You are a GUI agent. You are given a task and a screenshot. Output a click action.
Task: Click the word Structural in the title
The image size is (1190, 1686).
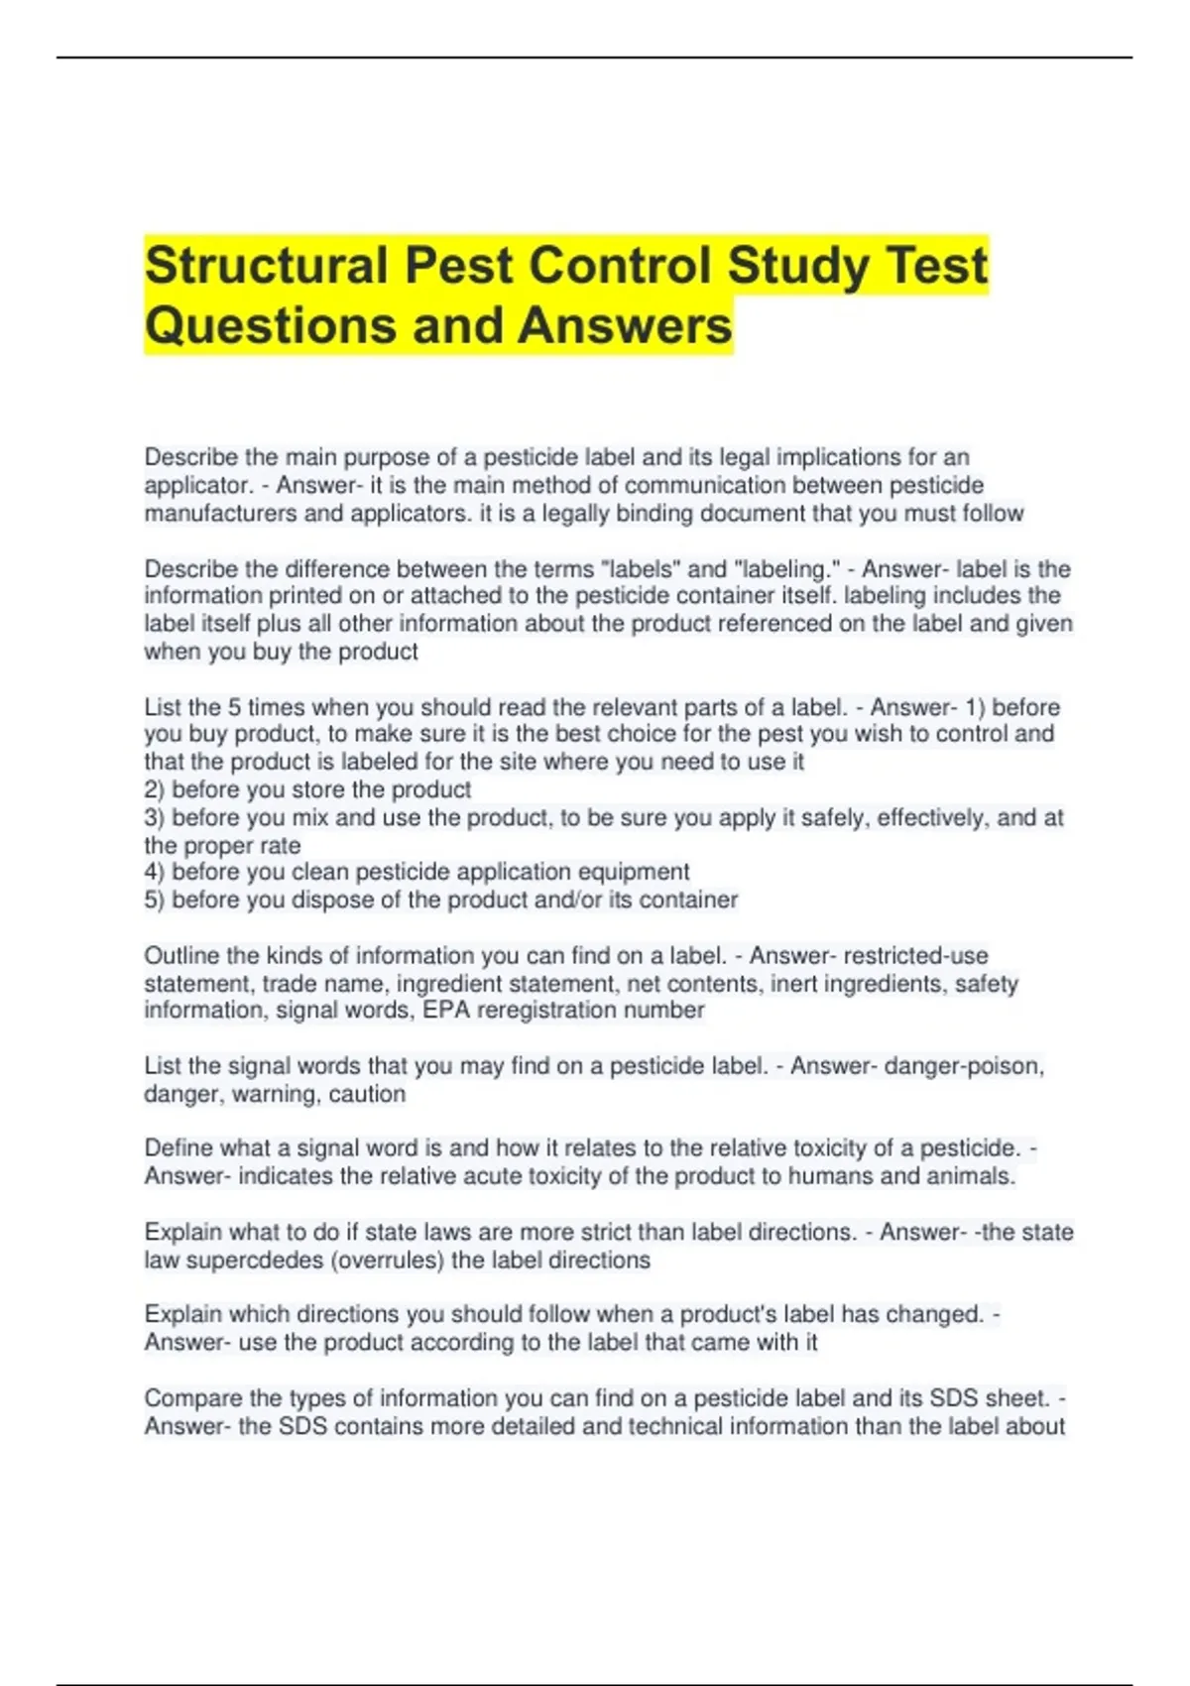pos(266,266)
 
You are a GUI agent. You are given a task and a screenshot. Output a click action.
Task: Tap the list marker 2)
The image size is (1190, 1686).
pos(155,789)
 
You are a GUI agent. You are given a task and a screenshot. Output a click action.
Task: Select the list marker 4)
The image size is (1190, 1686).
pos(155,872)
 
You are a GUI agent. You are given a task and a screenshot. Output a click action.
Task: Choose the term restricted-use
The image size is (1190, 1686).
pos(915,956)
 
